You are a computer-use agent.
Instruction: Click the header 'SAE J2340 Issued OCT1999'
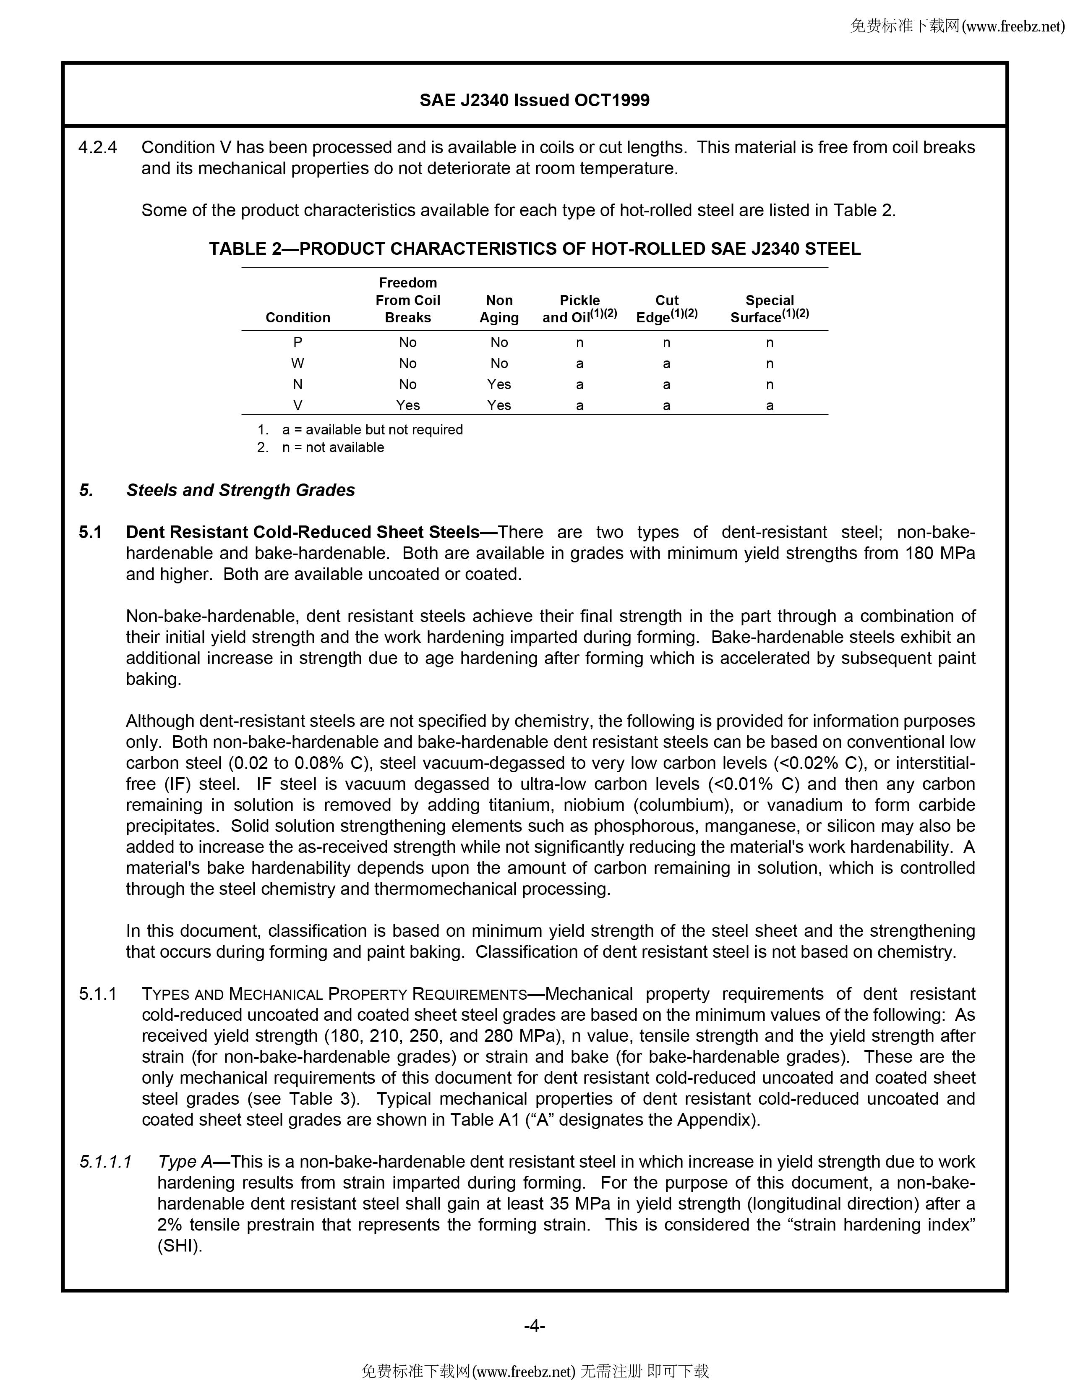pyautogui.click(x=534, y=100)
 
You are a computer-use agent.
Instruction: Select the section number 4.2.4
pyautogui.click(x=98, y=148)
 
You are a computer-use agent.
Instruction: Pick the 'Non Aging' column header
pyautogui.click(x=499, y=309)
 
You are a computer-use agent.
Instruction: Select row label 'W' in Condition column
pyautogui.click(x=298, y=363)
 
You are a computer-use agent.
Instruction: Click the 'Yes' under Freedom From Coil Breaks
pyautogui.click(x=407, y=405)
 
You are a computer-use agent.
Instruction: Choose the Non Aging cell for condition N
pyautogui.click(x=499, y=384)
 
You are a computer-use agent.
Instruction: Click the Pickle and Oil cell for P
pyautogui.click(x=579, y=342)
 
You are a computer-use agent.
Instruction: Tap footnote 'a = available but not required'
pyautogui.click(x=372, y=430)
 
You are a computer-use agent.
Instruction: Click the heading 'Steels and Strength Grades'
pyautogui.click(x=240, y=490)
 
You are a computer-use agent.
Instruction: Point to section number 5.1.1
pyautogui.click(x=98, y=994)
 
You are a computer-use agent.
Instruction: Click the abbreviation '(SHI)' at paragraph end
pyautogui.click(x=180, y=1246)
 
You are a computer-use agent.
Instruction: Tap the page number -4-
pyautogui.click(x=534, y=1326)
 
